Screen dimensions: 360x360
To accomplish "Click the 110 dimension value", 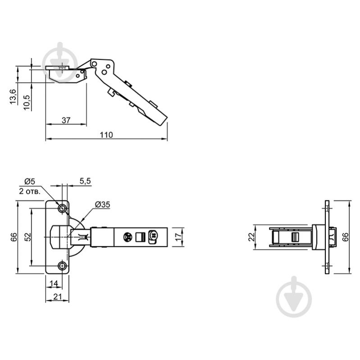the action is (106, 135).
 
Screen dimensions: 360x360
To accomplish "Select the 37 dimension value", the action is (66, 120).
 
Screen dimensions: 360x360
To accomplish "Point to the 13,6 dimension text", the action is (13, 97).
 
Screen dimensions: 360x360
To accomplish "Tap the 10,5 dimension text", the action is (27, 103).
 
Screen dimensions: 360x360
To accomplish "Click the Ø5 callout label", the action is (30, 182).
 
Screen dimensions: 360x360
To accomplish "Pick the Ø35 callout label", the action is (103, 205).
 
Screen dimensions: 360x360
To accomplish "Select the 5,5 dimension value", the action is (85, 181).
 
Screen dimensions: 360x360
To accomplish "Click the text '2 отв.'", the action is (30, 191).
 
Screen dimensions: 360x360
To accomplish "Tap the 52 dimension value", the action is (27, 237).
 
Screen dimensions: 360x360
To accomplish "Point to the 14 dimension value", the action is (54, 283).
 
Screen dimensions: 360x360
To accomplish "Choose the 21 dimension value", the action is (57, 296).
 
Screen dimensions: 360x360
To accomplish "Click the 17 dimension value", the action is (178, 237).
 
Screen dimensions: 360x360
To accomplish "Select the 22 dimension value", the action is (252, 237).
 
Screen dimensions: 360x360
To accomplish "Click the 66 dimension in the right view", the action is (345, 237).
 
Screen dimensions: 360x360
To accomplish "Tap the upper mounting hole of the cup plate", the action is (62, 209).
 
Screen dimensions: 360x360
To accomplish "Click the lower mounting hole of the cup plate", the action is (62, 266).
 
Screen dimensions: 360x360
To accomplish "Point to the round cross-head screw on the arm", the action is (128, 237).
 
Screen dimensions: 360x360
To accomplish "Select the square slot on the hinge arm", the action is (141, 237).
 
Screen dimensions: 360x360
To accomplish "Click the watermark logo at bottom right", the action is (294, 296).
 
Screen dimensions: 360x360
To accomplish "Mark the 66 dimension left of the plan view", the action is (14, 237).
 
